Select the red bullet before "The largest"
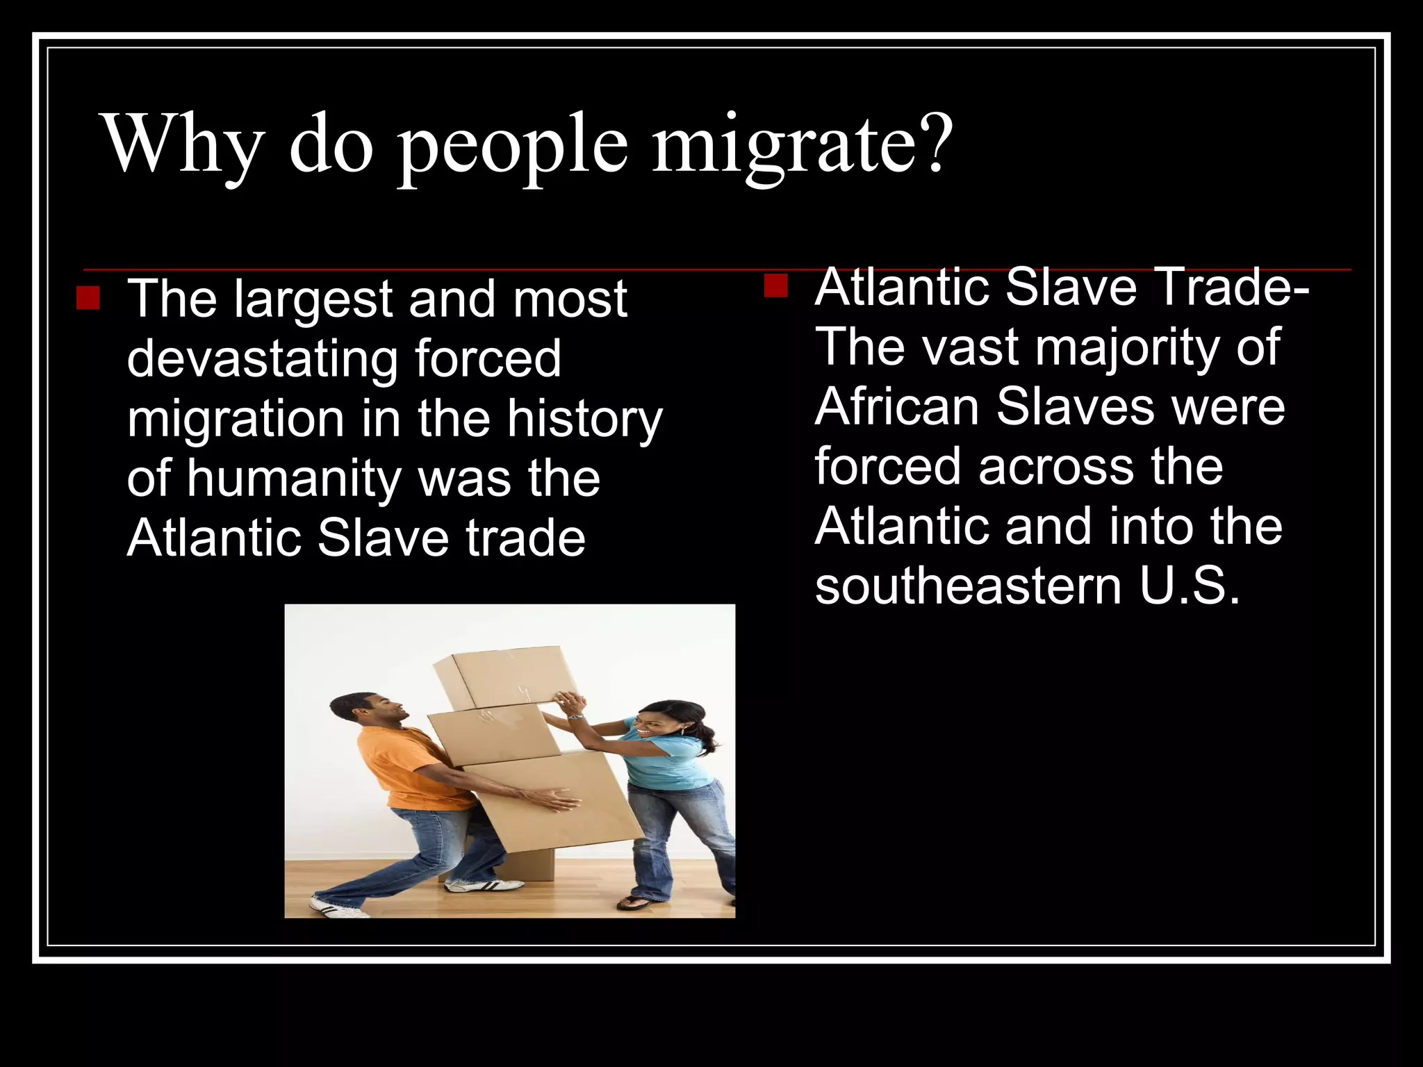(88, 297)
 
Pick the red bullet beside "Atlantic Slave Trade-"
(775, 285)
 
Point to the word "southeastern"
(968, 586)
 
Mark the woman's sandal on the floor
(634, 902)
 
